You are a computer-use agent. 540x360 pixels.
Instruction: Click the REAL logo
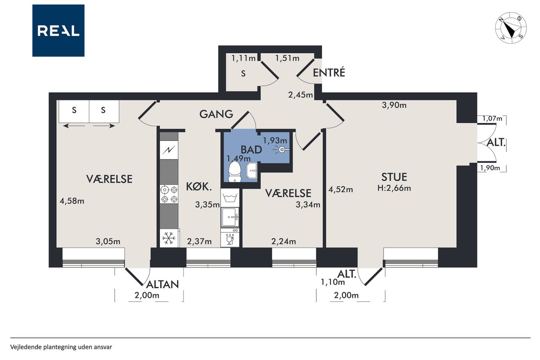coord(58,31)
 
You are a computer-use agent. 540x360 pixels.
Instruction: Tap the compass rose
coord(510,28)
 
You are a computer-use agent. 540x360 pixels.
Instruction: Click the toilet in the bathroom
coord(234,171)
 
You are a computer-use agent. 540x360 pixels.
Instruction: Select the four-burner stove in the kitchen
coord(169,195)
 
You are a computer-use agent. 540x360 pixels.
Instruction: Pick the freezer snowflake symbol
coord(169,238)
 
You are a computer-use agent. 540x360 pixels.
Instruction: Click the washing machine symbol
coord(230,198)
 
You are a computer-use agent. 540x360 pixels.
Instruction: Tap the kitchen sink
coord(230,217)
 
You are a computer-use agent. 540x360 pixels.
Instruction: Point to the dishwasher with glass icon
coord(230,238)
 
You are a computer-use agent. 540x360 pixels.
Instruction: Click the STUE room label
coord(394,177)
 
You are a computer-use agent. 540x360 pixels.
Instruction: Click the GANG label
coord(216,114)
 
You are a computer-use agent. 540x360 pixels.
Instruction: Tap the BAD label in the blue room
coord(251,150)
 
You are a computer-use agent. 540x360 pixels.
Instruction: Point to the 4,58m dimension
coord(72,201)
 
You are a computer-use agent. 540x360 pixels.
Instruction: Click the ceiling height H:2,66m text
coord(394,188)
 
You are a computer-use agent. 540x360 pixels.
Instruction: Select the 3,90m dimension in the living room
coord(394,105)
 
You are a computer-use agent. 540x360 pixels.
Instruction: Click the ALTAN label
coord(162,284)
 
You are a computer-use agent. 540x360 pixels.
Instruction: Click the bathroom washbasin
coord(252,171)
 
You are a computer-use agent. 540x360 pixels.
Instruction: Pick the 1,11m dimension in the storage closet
coord(243,58)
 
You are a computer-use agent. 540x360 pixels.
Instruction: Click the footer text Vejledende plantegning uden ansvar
coord(61,347)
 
